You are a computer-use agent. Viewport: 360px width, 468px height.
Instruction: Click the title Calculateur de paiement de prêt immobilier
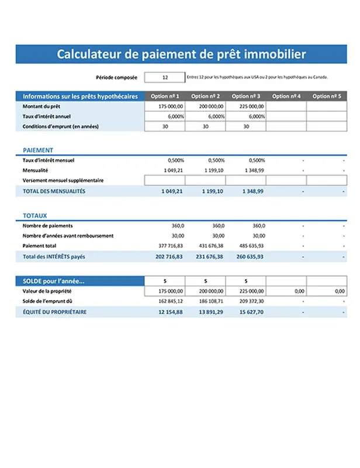pyautogui.click(x=181, y=54)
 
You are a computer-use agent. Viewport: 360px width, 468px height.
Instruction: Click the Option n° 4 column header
pyautogui.click(x=286, y=97)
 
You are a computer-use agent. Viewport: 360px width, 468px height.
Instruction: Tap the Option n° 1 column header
pyautogui.click(x=165, y=97)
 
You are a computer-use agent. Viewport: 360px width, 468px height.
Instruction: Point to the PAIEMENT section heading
pyautogui.click(x=38, y=150)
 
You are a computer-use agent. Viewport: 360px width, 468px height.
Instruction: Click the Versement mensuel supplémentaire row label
pyautogui.click(x=63, y=181)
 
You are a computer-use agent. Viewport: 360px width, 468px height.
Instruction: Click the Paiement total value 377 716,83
pyautogui.click(x=171, y=246)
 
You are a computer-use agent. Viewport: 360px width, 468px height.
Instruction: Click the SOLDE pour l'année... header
pyautogui.click(x=54, y=281)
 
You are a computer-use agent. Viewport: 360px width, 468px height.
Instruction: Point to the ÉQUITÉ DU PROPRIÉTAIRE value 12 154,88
pyautogui.click(x=171, y=312)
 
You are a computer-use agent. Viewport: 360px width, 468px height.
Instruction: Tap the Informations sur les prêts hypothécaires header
pyautogui.click(x=80, y=97)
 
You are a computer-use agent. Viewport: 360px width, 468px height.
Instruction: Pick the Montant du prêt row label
pyautogui.click(x=41, y=106)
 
